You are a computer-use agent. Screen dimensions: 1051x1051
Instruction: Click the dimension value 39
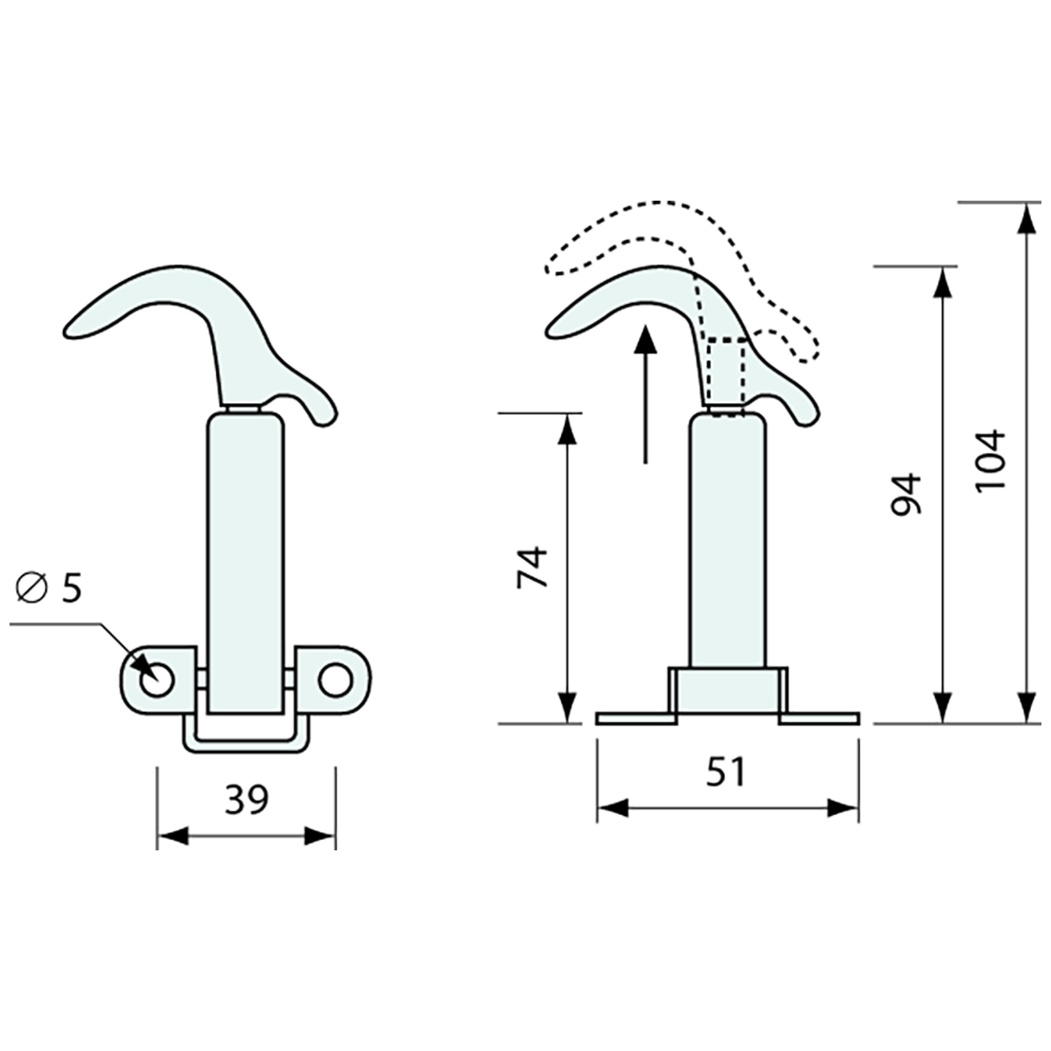tap(247, 800)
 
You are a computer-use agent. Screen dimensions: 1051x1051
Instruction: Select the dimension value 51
tap(725, 772)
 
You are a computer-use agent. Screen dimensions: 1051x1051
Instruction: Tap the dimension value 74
tap(532, 567)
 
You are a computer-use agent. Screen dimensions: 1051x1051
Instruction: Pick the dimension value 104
tap(991, 461)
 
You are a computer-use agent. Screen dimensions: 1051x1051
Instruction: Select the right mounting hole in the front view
tap(334, 680)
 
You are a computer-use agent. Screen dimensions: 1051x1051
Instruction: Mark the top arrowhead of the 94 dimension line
tap(943, 282)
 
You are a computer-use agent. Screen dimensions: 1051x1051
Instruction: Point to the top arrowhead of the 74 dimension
tap(568, 429)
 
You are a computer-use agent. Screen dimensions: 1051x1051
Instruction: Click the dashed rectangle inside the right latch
tap(728, 373)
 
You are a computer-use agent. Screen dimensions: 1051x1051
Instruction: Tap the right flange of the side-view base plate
tap(820, 718)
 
